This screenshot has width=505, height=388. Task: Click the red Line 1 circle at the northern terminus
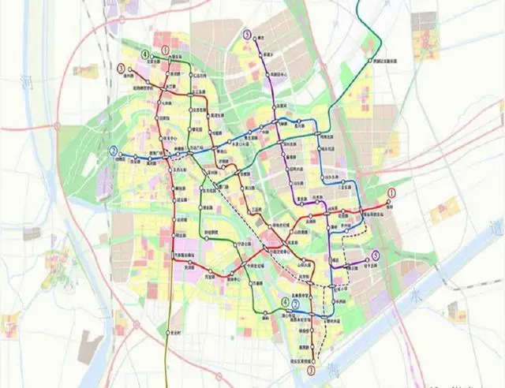click(x=166, y=49)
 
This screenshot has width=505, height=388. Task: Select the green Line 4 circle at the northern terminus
click(x=145, y=54)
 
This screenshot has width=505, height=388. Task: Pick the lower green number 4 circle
click(x=285, y=303)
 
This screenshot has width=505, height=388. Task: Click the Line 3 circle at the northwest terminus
click(x=121, y=69)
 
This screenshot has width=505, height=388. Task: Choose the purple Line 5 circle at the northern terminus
click(x=248, y=35)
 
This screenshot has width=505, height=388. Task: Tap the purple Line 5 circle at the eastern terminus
click(x=376, y=254)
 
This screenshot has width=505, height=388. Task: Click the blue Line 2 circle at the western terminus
click(x=114, y=151)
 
